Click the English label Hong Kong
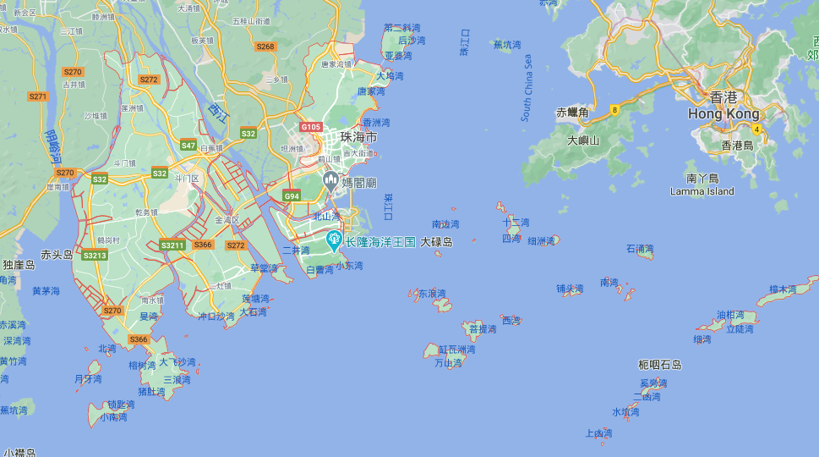(723, 114)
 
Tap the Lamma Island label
(702, 191)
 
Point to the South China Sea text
(527, 88)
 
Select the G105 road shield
(310, 127)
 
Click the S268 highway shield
(265, 47)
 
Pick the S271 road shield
(38, 96)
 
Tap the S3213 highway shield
(95, 255)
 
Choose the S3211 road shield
(172, 245)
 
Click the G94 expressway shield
(292, 196)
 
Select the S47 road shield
(188, 146)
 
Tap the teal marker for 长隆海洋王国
(335, 240)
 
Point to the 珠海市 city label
(358, 136)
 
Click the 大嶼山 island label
(583, 140)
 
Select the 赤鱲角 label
(572, 112)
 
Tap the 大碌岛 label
(436, 242)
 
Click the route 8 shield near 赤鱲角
(615, 109)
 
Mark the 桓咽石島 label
(660, 365)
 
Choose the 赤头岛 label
(58, 254)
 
